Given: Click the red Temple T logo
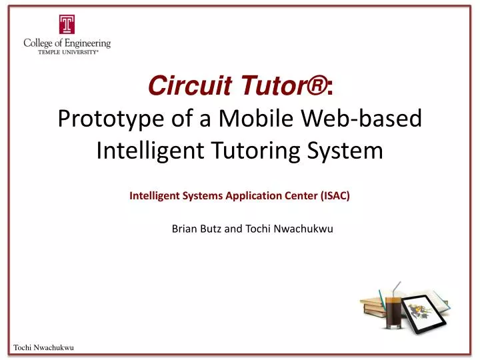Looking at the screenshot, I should pos(67,25).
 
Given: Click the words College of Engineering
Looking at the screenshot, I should pos(67,43).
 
